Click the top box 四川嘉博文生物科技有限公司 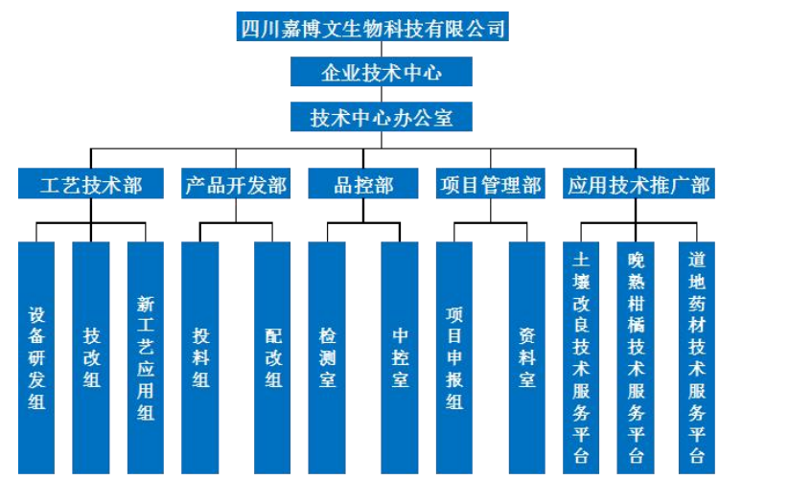coord(372,27)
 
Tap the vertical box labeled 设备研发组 coord(36,357)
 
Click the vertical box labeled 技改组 coord(91,357)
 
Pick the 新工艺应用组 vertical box coord(146,357)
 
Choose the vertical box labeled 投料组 coord(200,357)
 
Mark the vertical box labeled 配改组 coord(272,357)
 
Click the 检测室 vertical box coord(327,357)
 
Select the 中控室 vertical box coord(400,357)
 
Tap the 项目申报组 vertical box coord(454,357)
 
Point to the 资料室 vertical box coord(526,357)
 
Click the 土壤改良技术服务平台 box coord(581,357)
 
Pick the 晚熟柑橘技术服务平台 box coord(636,357)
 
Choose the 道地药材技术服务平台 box coord(697,357)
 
